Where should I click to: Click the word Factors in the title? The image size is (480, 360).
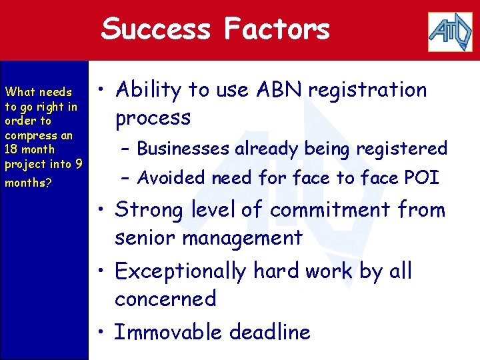277,29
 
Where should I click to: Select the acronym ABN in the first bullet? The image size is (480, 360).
273,89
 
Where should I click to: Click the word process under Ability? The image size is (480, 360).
153,119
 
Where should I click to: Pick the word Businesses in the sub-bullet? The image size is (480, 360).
183,149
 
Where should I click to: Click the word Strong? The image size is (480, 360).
148,211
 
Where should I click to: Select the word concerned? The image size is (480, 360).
165,299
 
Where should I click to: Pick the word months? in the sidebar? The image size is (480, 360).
28,182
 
